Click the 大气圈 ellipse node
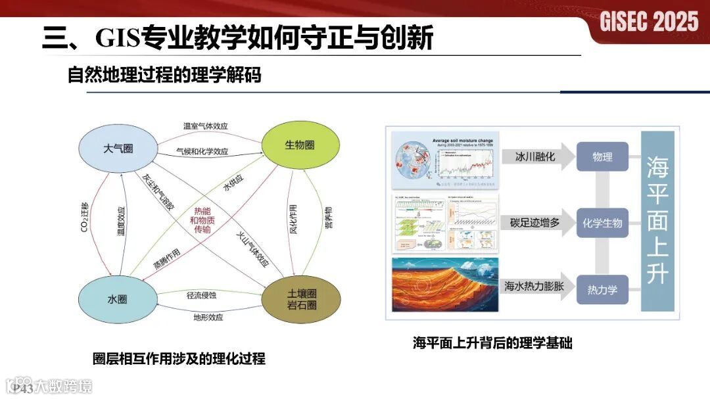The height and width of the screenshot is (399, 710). (118, 149)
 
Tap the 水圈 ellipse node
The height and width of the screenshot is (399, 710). (118, 299)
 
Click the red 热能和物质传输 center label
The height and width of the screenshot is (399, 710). (202, 220)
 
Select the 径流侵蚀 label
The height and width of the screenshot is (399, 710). (201, 295)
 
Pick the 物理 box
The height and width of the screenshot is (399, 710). (602, 158)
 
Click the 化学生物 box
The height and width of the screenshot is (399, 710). (602, 223)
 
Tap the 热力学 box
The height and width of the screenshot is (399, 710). (602, 289)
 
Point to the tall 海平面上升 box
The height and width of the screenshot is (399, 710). (657, 220)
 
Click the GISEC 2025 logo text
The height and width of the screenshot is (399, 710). (649, 22)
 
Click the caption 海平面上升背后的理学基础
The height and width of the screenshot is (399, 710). (492, 342)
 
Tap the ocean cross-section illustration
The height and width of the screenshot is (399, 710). (445, 285)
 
